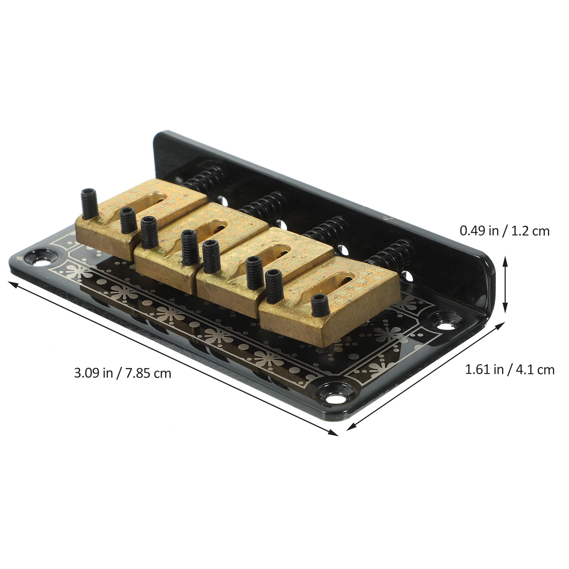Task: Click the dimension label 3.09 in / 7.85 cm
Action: click(122, 373)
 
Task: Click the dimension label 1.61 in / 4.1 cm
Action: click(510, 370)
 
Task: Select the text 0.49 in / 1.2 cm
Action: click(505, 231)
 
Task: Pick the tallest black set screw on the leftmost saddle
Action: click(89, 203)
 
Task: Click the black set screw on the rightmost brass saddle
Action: click(319, 305)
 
